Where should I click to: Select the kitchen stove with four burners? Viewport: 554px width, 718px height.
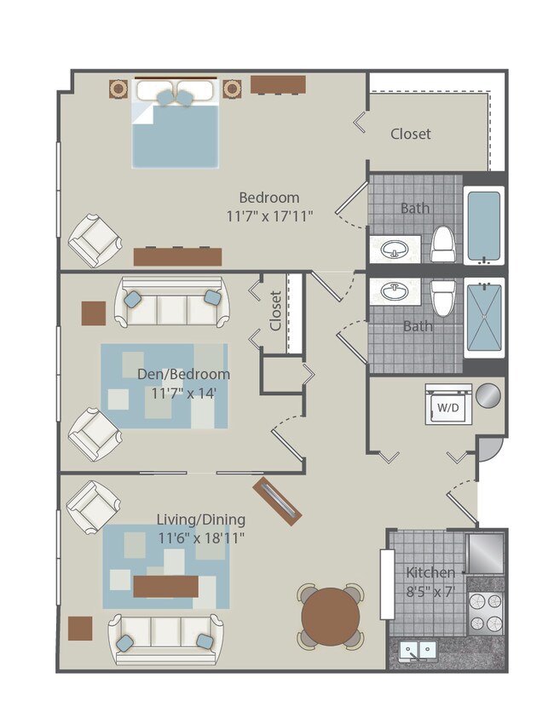486,612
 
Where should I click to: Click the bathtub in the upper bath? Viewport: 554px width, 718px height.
484,226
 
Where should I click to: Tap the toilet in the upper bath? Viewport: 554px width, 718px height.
442,244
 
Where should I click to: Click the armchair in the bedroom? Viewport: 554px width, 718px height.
94,239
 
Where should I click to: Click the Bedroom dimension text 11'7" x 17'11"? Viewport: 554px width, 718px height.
269,216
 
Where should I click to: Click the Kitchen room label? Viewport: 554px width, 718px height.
430,572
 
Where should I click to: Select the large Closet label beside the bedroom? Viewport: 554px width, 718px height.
410,134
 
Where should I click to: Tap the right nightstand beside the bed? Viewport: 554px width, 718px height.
232,88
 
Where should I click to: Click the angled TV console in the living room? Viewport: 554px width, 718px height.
277,502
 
